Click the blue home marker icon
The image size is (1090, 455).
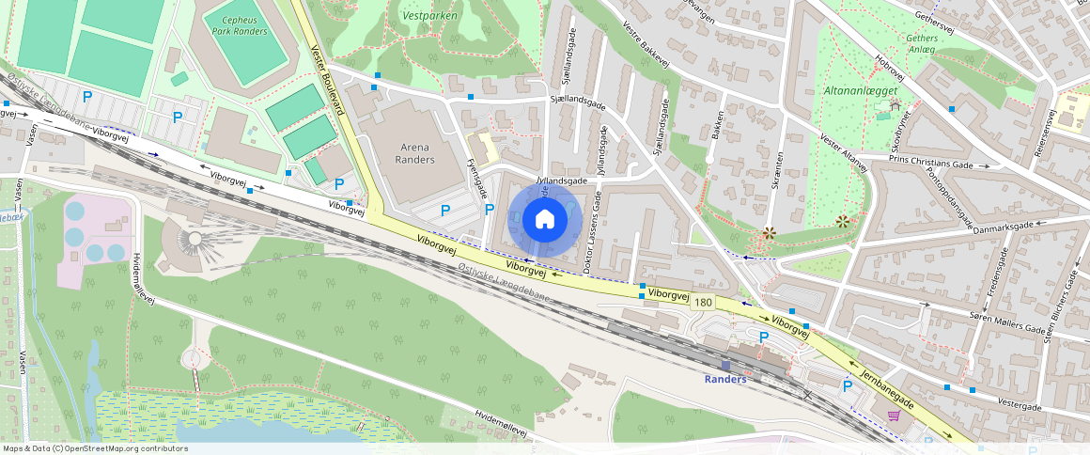(x=544, y=219)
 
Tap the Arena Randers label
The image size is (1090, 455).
(x=417, y=153)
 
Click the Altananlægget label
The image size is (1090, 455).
(x=862, y=90)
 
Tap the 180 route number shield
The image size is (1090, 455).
(x=703, y=302)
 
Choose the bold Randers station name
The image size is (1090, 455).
(x=725, y=379)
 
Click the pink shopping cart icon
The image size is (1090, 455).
(x=894, y=414)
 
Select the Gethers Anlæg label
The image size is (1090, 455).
(x=921, y=43)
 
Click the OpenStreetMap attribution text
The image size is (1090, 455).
(x=94, y=448)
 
